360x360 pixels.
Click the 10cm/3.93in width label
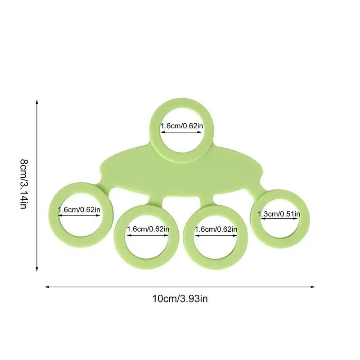[180, 298]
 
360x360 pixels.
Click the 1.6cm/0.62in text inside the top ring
[181, 126]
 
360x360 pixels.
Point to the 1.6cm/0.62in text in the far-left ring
[79, 209]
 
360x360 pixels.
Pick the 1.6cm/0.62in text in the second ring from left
[148, 229]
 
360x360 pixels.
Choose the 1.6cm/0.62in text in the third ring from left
[216, 229]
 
